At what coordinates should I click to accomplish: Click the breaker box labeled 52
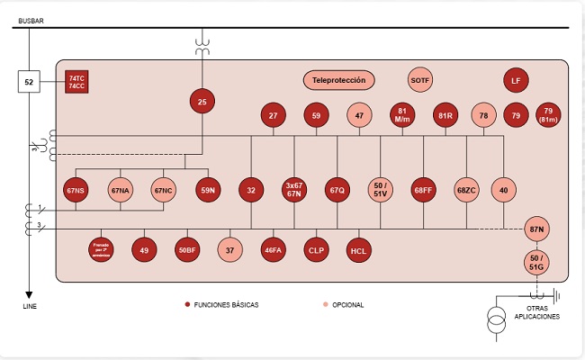tap(29, 83)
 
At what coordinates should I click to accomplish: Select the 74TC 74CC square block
tap(77, 83)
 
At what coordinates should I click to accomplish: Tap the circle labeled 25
tap(202, 103)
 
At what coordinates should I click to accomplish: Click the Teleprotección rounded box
tap(338, 80)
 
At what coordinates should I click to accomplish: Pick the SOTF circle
tap(420, 80)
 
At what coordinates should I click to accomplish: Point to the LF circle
tap(516, 80)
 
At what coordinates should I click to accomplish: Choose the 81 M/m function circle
tap(402, 115)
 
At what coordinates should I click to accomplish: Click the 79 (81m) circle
tap(548, 115)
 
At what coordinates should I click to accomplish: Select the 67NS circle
tap(75, 190)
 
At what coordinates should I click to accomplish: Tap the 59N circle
tap(208, 190)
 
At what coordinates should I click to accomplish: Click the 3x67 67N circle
tap(294, 190)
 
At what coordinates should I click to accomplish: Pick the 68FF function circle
tap(424, 190)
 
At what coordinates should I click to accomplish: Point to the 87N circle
tap(537, 230)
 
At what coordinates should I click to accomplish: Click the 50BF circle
tap(186, 250)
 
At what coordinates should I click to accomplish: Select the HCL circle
tap(359, 250)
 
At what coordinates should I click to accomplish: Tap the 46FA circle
tap(273, 250)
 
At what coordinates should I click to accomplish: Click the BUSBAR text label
tap(31, 19)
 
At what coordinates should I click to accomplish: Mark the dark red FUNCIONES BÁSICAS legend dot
tap(187, 305)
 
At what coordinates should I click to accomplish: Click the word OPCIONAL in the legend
tap(348, 305)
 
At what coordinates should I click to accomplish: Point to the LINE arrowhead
tap(29, 293)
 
